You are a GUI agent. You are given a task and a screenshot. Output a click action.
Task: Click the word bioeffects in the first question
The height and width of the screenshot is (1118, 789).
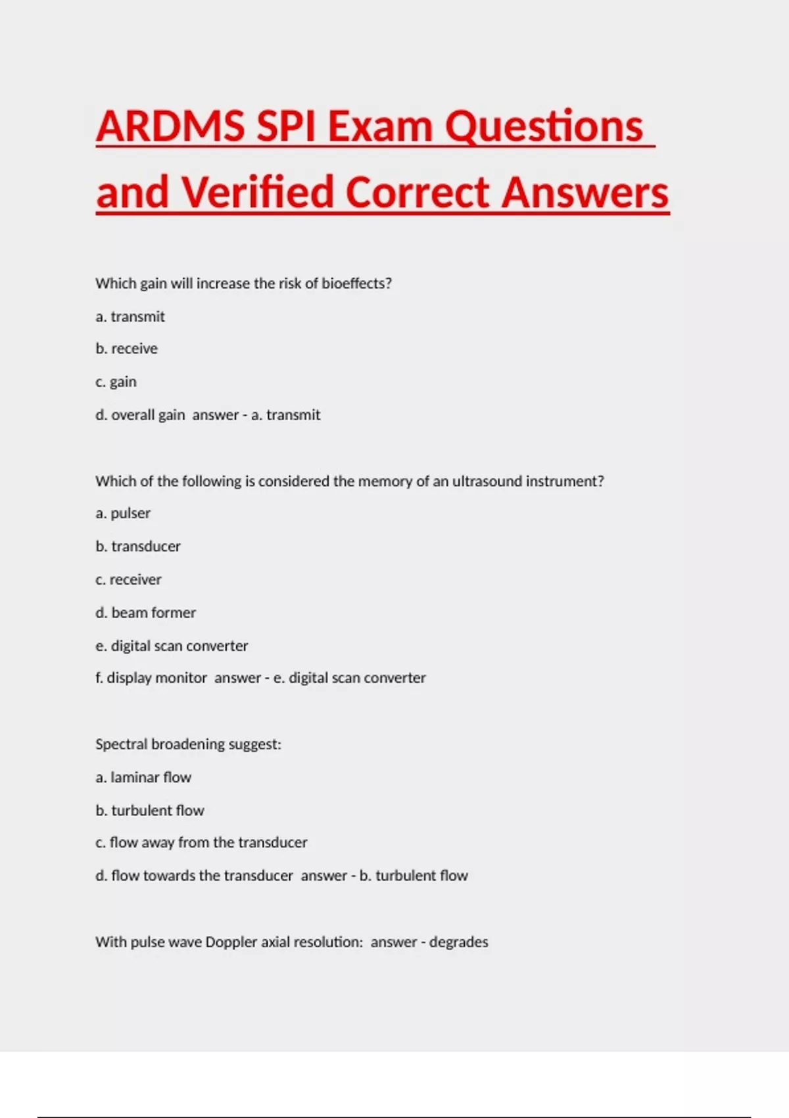tap(356, 283)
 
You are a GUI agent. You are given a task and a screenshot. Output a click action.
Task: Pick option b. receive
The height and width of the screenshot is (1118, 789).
tap(127, 349)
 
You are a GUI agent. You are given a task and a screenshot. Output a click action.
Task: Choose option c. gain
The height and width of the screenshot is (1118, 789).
tap(116, 382)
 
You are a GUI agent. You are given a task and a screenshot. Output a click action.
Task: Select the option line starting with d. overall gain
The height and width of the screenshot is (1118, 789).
tap(140, 415)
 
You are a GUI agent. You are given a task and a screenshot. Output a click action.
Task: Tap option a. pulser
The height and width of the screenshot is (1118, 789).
tap(123, 513)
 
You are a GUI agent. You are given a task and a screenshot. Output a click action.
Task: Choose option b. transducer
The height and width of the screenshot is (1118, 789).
tap(138, 547)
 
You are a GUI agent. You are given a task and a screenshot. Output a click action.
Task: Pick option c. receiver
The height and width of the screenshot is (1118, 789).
tap(128, 579)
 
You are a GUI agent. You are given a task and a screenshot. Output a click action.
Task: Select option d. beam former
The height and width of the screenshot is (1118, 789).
tap(145, 613)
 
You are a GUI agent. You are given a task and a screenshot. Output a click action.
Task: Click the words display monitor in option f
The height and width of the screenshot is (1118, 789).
tap(157, 678)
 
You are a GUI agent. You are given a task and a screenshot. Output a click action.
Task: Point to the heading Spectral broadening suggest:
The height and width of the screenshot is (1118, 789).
tap(188, 744)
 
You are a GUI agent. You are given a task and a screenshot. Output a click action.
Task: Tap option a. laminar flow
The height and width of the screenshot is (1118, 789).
tap(143, 777)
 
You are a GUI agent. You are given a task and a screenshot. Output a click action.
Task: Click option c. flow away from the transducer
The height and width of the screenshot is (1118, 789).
tap(201, 842)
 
